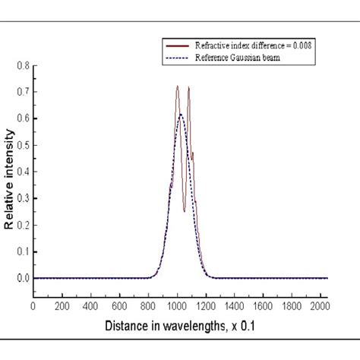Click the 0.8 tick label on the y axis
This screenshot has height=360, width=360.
[22, 66]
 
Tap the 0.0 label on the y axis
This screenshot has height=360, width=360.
[22, 278]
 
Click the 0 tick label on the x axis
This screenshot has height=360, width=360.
[33, 306]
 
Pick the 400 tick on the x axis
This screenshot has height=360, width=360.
[90, 306]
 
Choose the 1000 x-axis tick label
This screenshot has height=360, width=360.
[176, 306]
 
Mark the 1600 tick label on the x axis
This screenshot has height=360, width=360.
[263, 306]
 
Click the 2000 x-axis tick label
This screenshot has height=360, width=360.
[320, 306]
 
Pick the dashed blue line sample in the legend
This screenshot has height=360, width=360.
[176, 58]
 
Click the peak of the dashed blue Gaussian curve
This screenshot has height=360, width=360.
[181, 114]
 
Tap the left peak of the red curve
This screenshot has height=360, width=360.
[177, 87]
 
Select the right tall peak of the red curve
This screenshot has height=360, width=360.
[188, 87]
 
